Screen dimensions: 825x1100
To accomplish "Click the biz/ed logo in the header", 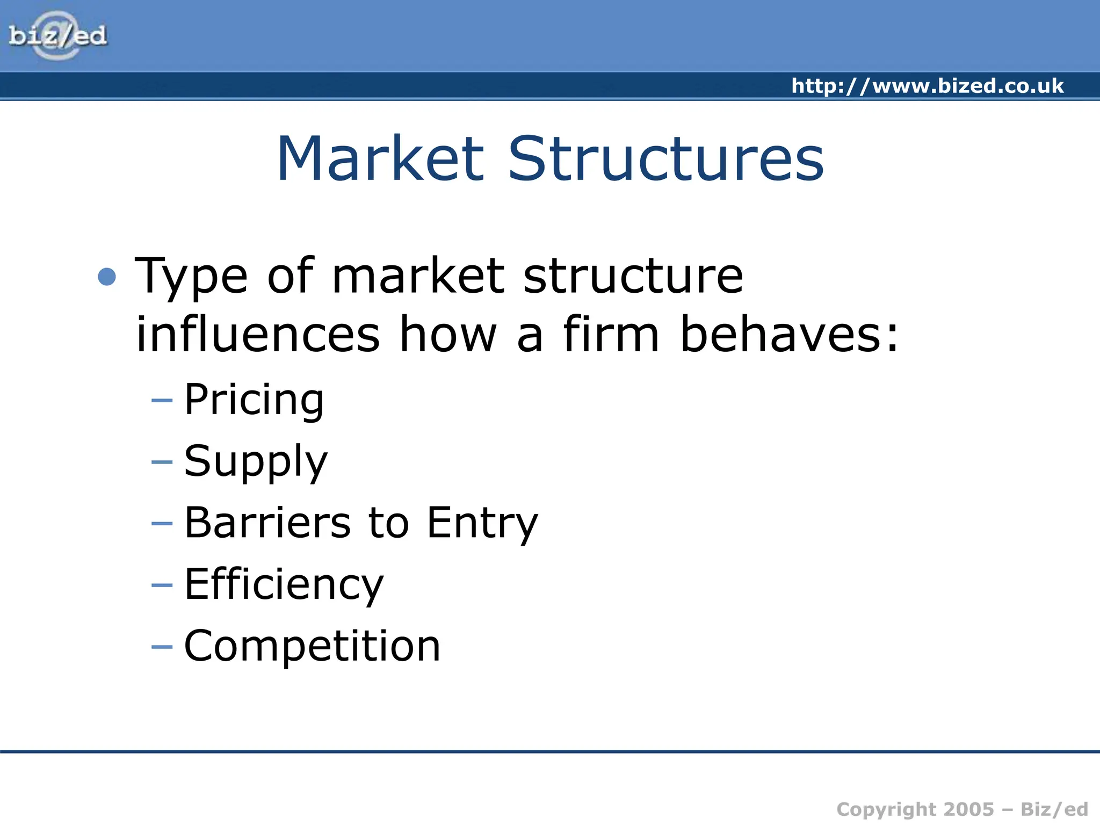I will click(x=57, y=35).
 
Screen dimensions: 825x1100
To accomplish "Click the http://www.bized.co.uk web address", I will click(x=927, y=86).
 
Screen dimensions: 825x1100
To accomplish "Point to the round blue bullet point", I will click(x=107, y=277).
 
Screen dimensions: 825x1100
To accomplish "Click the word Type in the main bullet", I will click(x=191, y=277).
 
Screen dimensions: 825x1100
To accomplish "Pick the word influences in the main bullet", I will click(x=258, y=334).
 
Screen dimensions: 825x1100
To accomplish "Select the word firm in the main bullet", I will click(x=611, y=334).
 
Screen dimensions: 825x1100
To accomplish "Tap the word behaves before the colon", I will click(x=781, y=334).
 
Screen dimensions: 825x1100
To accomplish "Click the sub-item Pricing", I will click(x=254, y=400).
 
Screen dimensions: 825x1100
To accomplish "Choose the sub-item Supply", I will click(x=256, y=462).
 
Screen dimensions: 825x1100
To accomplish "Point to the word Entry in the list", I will click(x=482, y=524).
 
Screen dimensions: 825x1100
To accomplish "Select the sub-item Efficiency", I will click(x=284, y=585).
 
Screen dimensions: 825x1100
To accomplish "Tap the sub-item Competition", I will click(x=312, y=646).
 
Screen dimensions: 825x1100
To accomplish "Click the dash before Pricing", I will click(x=162, y=401).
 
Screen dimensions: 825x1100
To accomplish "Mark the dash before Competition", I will click(x=162, y=647).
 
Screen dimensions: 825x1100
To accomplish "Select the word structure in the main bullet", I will click(x=633, y=276).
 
